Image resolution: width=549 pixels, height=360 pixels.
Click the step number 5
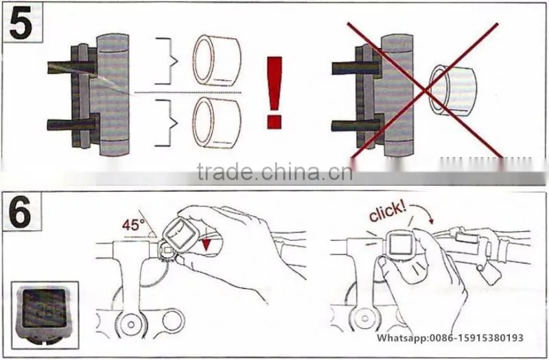pos(21,23)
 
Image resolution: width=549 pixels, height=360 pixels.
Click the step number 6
pos(21,211)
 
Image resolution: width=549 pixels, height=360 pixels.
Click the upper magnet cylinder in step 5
pos(217,60)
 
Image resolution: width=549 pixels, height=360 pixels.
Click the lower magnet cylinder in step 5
pos(217,123)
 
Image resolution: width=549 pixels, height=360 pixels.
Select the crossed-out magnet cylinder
pos(453,91)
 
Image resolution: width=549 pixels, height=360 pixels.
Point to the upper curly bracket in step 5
pos(167,61)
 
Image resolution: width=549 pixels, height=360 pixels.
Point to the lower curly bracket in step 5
pos(167,123)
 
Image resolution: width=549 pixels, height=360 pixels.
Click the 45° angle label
pos(133,226)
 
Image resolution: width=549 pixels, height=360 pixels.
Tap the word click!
pos(388,212)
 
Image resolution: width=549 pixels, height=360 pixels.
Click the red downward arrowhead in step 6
pos(207,244)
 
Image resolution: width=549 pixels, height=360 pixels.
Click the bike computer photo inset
pos(45,315)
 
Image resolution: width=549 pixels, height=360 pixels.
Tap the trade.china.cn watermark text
pos(274,171)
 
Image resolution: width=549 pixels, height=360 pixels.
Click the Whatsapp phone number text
pos(450,337)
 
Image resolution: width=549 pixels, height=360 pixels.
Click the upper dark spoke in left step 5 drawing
pos(71,67)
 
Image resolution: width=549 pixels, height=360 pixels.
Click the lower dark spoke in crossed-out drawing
pos(356,125)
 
